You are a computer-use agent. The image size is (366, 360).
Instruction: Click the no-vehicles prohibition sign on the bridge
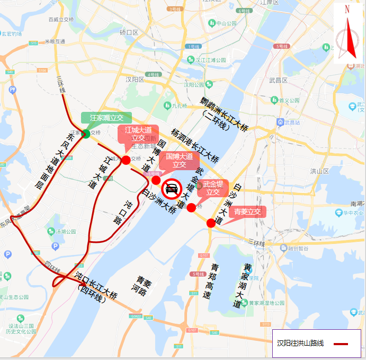[172, 188]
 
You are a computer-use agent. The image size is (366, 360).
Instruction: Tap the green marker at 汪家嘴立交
[86, 133]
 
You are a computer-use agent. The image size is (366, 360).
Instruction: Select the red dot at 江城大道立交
[126, 160]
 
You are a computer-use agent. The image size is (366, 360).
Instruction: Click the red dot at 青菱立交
[211, 223]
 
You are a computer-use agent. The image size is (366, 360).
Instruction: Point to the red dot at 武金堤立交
[191, 207]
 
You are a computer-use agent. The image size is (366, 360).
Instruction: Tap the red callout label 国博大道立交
[180, 161]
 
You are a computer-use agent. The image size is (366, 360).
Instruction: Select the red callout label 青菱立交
[248, 212]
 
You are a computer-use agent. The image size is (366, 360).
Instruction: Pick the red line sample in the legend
[341, 344]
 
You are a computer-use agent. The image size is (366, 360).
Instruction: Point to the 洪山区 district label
[319, 171]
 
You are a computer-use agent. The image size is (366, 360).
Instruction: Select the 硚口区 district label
[129, 32]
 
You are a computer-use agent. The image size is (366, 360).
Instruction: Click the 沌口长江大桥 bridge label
[96, 286]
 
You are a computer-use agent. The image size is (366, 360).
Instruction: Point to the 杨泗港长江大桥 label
[194, 145]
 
